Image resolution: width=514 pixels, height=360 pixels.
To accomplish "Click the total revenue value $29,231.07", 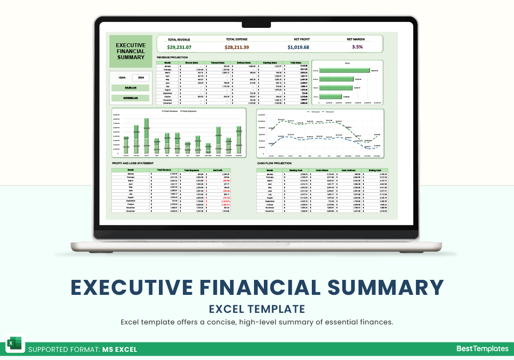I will pos(179,47).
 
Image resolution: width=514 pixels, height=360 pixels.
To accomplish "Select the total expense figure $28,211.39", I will pos(237,47).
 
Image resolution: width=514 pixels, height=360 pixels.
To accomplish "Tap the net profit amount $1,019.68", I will pos(298,47).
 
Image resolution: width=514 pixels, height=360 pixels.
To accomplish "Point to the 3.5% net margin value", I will pos(357,47).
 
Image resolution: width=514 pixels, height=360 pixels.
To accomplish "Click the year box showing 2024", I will pos(140,78).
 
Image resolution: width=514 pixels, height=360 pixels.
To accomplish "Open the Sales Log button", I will pos(131,87).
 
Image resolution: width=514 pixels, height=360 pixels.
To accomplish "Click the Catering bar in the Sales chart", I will pos(344,70).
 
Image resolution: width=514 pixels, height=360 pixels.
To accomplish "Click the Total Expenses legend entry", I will pos(188,111).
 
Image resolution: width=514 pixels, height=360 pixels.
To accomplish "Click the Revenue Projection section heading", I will pos(172,57).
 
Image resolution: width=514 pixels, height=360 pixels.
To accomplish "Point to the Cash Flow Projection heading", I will pos(274,163).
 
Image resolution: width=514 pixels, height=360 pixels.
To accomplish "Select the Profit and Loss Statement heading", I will pos(132,163).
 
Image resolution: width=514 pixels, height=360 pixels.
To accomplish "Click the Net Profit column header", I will pos(218,170).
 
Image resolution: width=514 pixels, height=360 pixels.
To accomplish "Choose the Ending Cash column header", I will pos(374,170).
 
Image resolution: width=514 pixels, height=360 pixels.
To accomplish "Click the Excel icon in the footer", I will pos(15,344).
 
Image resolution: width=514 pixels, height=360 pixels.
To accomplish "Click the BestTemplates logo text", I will pos(482,349).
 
